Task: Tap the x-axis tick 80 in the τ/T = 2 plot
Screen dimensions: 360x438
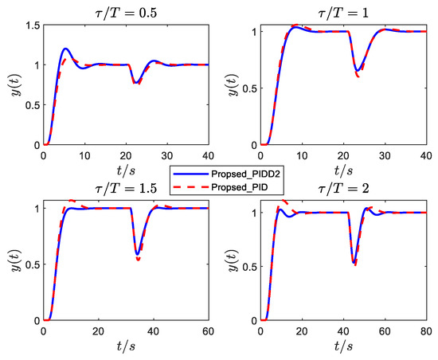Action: click(x=424, y=331)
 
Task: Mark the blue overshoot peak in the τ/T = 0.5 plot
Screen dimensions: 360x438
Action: click(x=65, y=49)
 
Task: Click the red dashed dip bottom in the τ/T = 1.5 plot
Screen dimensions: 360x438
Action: click(x=139, y=260)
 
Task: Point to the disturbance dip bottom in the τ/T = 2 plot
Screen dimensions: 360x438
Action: click(x=354, y=264)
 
